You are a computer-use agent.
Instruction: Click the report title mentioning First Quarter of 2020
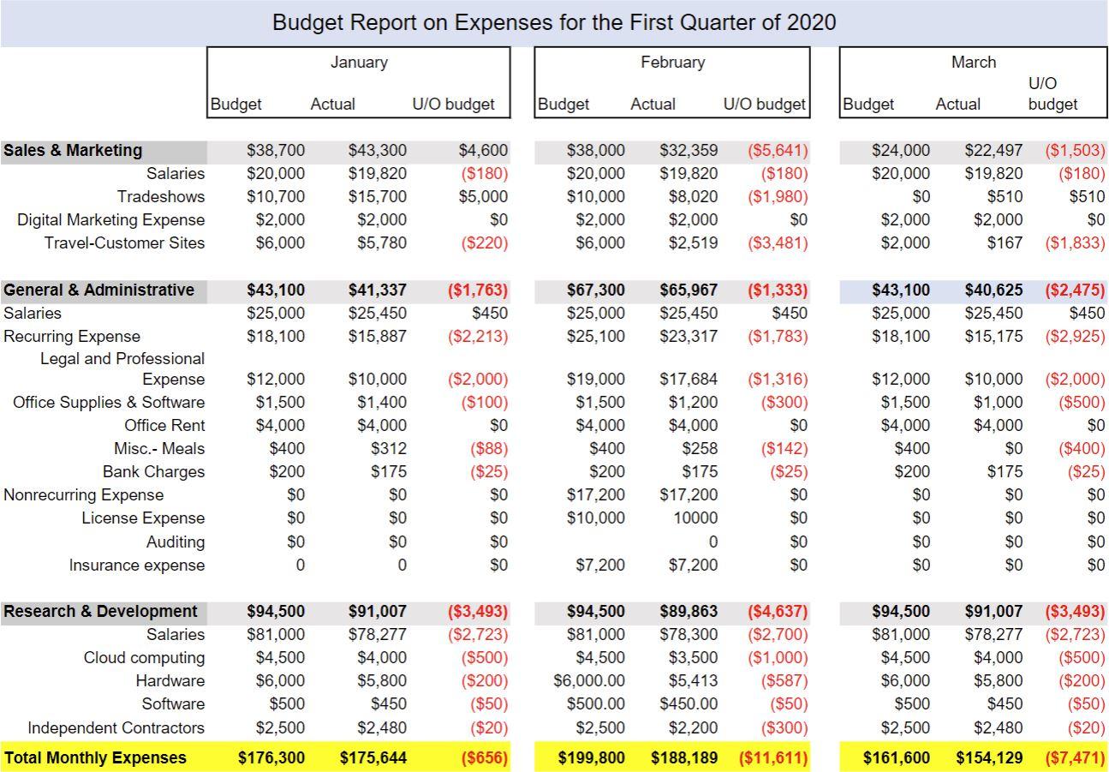point(554,22)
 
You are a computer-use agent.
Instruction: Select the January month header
point(359,63)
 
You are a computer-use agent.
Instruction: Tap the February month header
point(672,63)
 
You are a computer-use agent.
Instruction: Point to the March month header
point(973,63)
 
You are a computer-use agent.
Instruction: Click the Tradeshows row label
point(161,196)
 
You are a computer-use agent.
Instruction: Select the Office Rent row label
point(164,425)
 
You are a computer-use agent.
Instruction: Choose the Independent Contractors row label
point(116,727)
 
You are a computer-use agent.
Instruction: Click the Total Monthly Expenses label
point(95,757)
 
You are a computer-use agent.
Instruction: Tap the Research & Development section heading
point(100,611)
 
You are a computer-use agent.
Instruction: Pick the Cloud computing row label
point(144,657)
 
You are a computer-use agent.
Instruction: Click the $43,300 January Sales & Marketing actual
point(377,150)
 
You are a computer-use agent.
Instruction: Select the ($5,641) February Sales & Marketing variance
point(777,150)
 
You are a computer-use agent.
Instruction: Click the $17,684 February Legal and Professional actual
point(689,379)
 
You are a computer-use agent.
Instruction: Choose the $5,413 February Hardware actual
point(693,680)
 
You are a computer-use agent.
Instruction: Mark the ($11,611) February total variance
point(772,757)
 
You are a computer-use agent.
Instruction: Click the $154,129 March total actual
point(989,757)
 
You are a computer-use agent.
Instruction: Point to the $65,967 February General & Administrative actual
point(689,290)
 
